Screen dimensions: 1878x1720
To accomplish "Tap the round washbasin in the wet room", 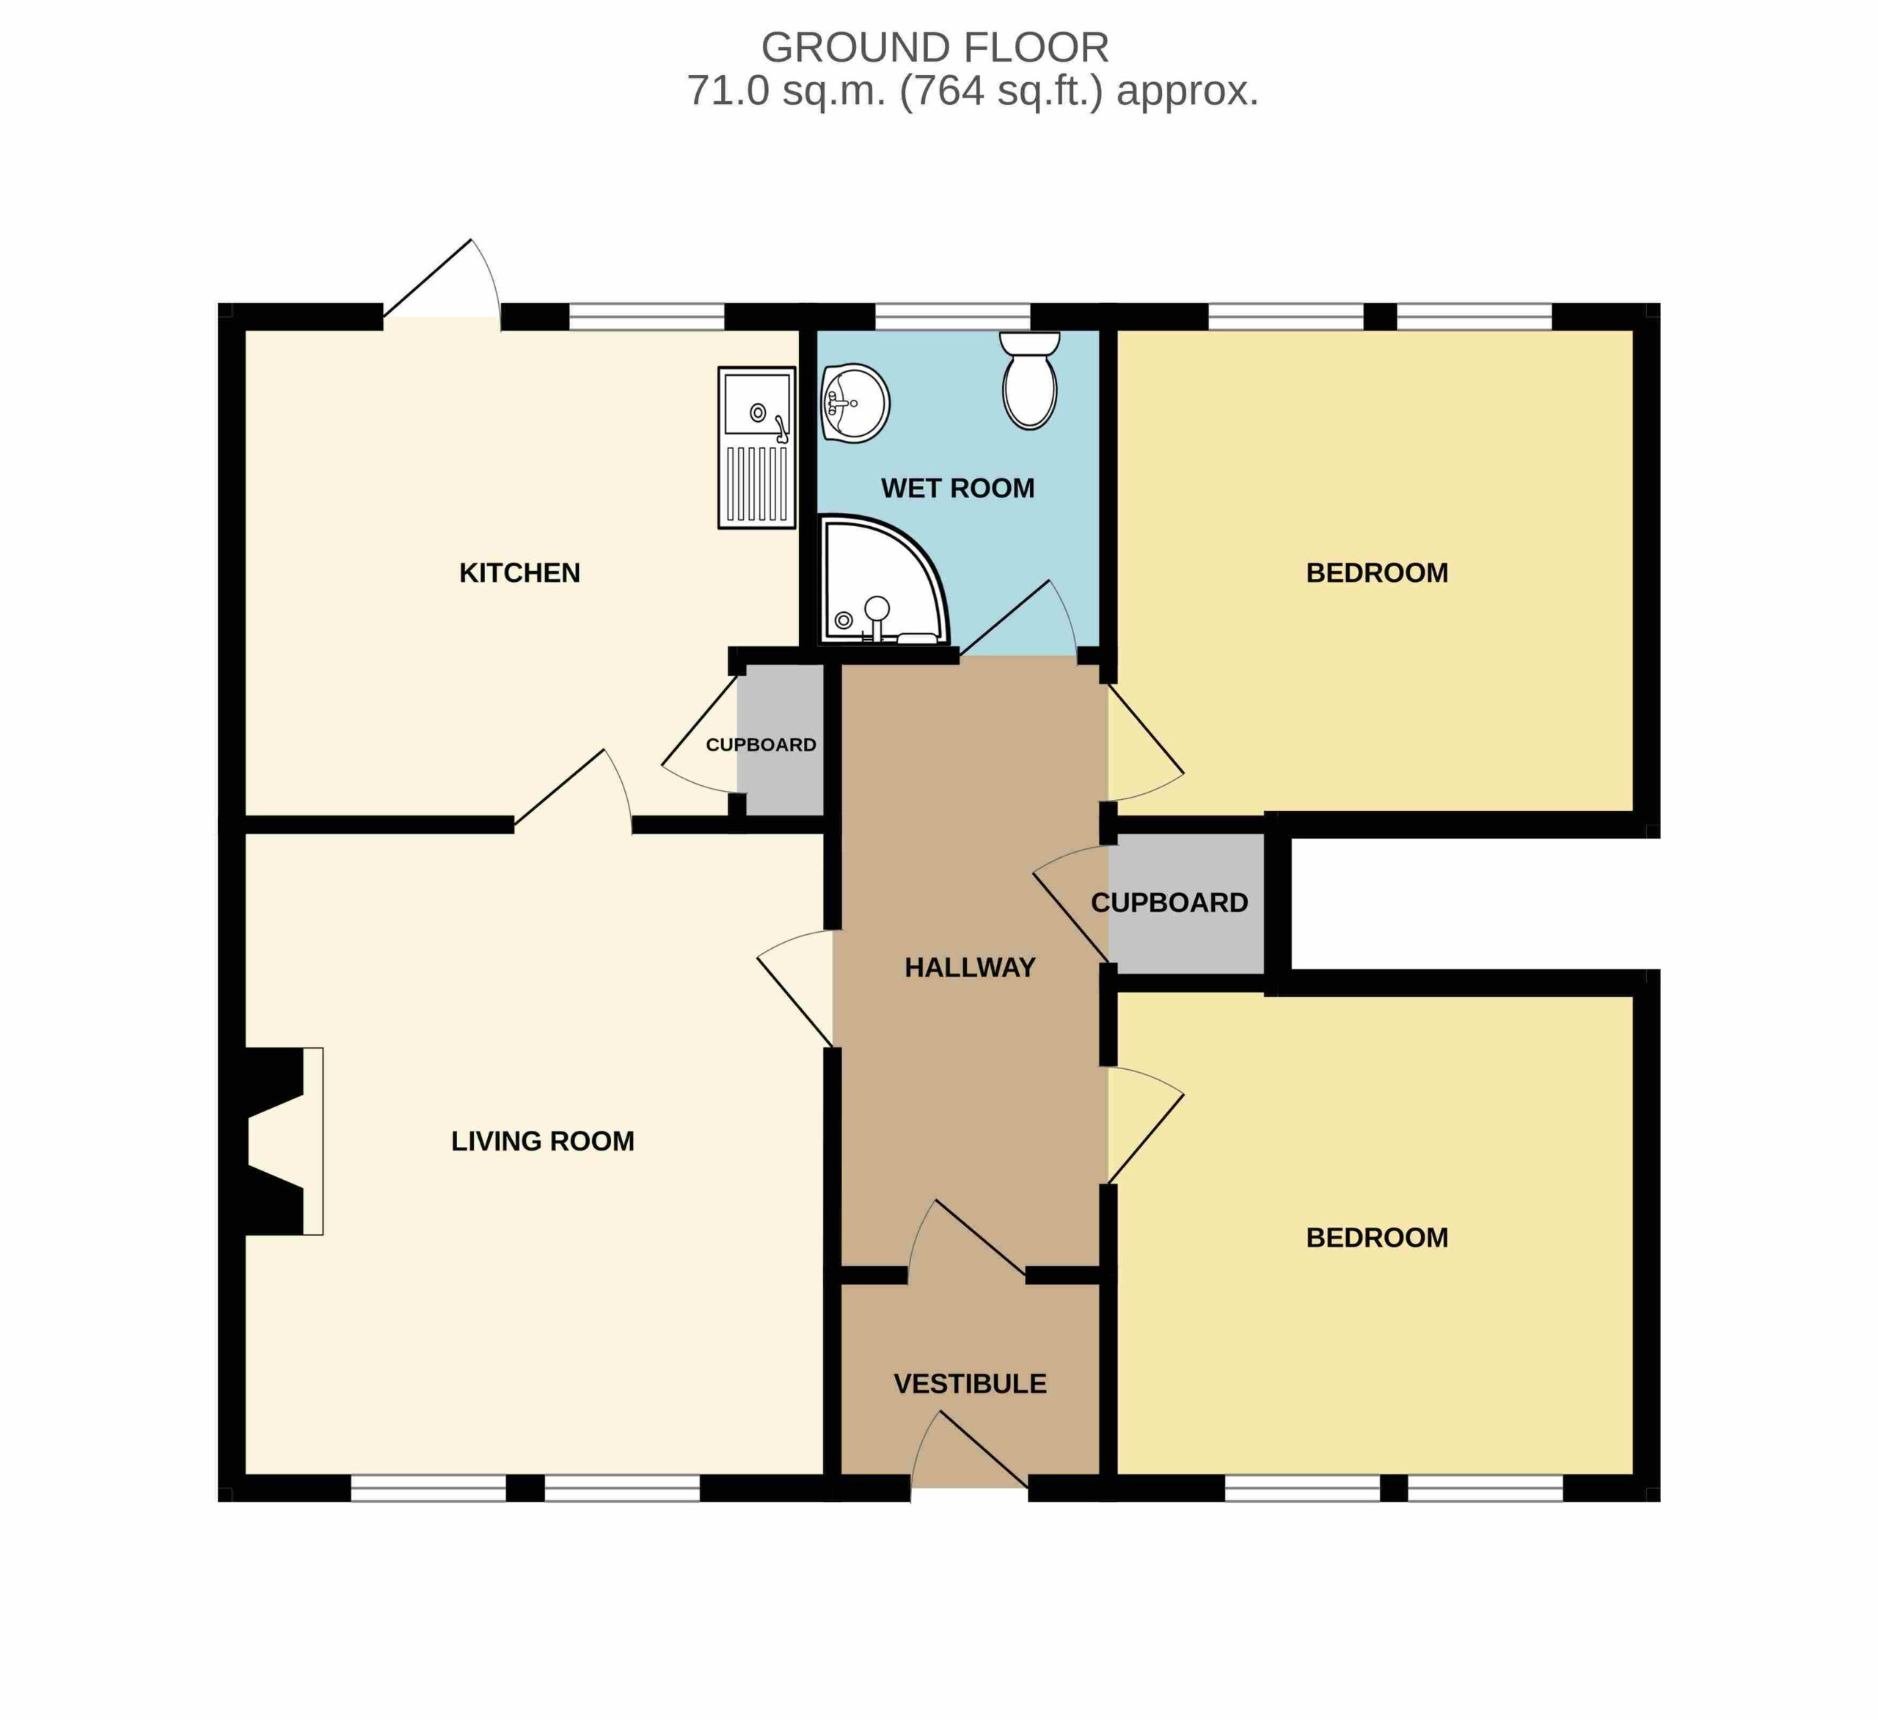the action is point(855,404).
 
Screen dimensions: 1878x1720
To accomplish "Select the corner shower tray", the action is point(883,580).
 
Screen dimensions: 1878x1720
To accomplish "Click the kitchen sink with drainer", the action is point(756,447).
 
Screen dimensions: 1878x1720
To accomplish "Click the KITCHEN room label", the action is point(520,573).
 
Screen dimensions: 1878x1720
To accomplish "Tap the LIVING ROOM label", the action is point(543,1141).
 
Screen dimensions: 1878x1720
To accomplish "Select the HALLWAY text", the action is point(970,968).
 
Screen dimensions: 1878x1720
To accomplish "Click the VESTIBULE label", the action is point(970,1384).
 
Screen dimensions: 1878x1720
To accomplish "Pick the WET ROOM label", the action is point(957,488).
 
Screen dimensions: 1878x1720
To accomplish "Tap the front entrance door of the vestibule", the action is point(970,1448).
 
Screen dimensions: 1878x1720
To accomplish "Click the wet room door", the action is point(1018,619).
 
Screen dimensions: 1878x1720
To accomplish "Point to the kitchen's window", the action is point(646,317).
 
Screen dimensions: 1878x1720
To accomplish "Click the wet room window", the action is point(953,317).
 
